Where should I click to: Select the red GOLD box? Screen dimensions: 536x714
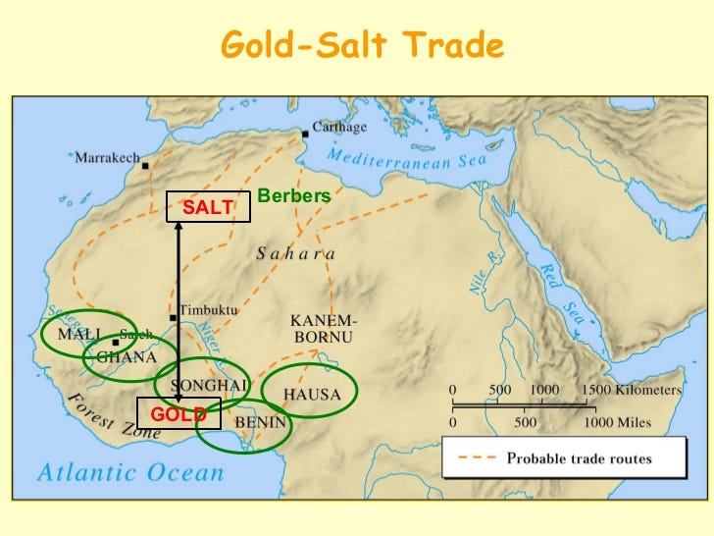tap(178, 413)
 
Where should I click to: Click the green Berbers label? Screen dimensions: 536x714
tap(294, 196)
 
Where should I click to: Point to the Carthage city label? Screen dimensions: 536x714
tap(340, 128)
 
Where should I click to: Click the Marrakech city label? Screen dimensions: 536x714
tap(107, 157)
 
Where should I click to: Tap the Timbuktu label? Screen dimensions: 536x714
tap(208, 310)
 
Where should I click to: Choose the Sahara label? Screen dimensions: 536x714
tap(295, 254)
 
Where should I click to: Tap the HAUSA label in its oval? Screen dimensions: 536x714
tap(312, 395)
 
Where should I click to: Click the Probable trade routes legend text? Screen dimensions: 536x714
tap(579, 457)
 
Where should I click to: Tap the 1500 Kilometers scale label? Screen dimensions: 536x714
tap(634, 389)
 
